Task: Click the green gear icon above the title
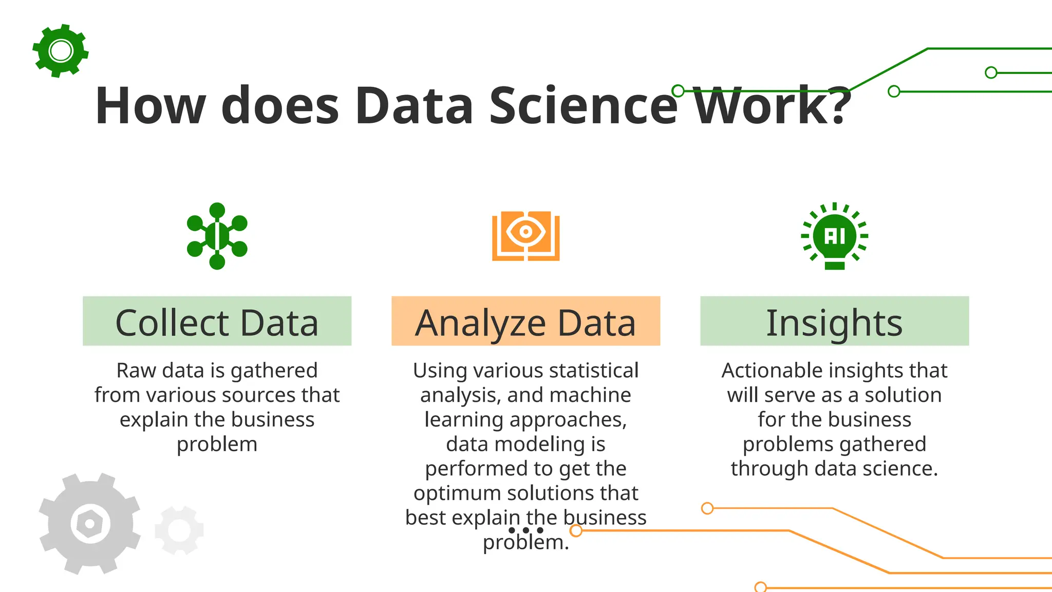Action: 61,51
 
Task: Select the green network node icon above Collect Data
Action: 217,236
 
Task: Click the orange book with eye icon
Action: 525,235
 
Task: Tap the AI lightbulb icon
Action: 835,236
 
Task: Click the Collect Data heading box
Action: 217,321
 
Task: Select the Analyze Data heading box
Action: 525,321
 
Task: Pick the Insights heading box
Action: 834,321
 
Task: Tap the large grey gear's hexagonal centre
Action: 90,524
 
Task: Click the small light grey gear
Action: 179,530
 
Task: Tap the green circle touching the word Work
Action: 678,91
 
